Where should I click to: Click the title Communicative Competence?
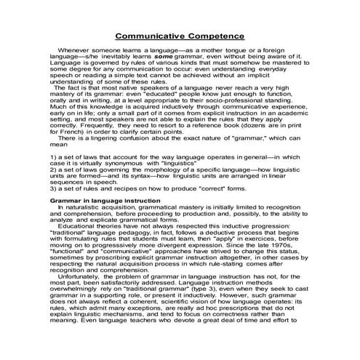pos(180,36)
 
